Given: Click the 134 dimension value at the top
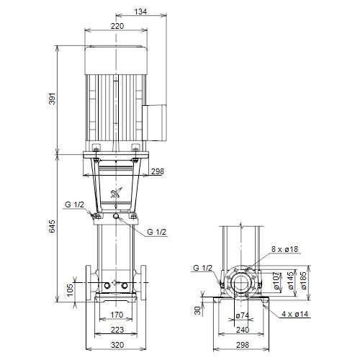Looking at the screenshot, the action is [140, 12].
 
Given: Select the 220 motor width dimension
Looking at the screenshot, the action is [117, 26].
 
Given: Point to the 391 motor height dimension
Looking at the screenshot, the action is [52, 99].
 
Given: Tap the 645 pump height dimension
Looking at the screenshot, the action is [52, 226].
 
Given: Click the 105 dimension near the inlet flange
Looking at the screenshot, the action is [70, 290].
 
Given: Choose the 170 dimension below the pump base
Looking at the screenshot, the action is [117, 315].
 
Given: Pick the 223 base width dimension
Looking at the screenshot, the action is [117, 330].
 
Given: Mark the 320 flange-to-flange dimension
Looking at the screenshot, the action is [117, 345].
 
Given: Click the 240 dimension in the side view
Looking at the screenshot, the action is [243, 330].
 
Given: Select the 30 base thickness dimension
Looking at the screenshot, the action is [197, 310].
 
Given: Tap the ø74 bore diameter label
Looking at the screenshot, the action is [243, 315].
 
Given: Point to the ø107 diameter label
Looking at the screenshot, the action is [276, 281].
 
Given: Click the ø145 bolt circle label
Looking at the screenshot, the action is [290, 281].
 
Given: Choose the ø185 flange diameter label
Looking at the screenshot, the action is [303, 281].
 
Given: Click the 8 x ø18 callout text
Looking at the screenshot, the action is [285, 249].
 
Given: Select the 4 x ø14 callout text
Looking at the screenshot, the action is [295, 314].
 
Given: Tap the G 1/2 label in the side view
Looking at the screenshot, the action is [203, 268].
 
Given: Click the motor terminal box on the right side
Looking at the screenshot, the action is [154, 122].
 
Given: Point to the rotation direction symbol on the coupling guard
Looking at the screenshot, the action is [116, 192].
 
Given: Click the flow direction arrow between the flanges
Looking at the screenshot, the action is [115, 283].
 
